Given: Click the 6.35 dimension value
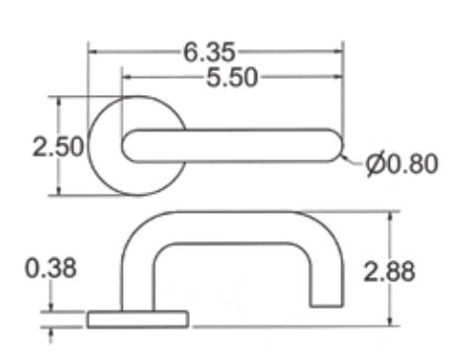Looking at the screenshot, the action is pyautogui.click(x=210, y=52).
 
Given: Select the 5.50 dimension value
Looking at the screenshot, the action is pyautogui.click(x=231, y=78).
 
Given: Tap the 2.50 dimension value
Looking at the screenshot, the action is pyautogui.click(x=58, y=146).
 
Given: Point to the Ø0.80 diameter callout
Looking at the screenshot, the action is pyautogui.click(x=402, y=163).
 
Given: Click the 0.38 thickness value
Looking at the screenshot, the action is pyautogui.click(x=50, y=268).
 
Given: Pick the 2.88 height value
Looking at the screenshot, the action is pyautogui.click(x=389, y=272).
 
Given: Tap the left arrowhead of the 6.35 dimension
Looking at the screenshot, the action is pyautogui.click(x=93, y=51).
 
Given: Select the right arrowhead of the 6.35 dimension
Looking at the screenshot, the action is pyautogui.click(x=339, y=51).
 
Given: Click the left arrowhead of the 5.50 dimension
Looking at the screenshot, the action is pyautogui.click(x=127, y=77).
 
